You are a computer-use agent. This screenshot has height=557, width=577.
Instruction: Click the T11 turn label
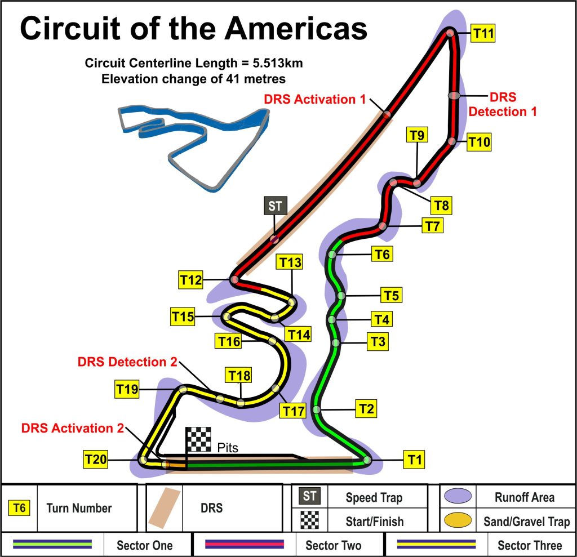tap(483, 34)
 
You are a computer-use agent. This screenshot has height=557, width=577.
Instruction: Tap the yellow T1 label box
tap(415, 460)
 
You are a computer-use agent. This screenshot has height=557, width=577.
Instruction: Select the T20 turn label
tap(96, 460)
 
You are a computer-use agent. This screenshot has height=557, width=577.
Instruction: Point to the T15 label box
tap(183, 317)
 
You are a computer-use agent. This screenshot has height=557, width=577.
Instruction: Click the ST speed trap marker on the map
tap(275, 206)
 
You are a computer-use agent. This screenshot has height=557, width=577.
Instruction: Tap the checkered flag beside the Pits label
tap(198, 439)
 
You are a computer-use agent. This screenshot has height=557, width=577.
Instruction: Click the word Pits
tap(228, 448)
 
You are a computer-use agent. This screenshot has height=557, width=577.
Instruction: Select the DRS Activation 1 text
tap(315, 100)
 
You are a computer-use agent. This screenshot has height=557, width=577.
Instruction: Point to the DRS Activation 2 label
tap(72, 428)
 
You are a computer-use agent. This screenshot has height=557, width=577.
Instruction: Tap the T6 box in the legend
tap(20, 508)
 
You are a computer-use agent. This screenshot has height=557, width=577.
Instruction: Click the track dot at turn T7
tap(383, 226)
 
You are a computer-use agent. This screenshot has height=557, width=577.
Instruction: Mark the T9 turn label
tap(418, 135)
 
